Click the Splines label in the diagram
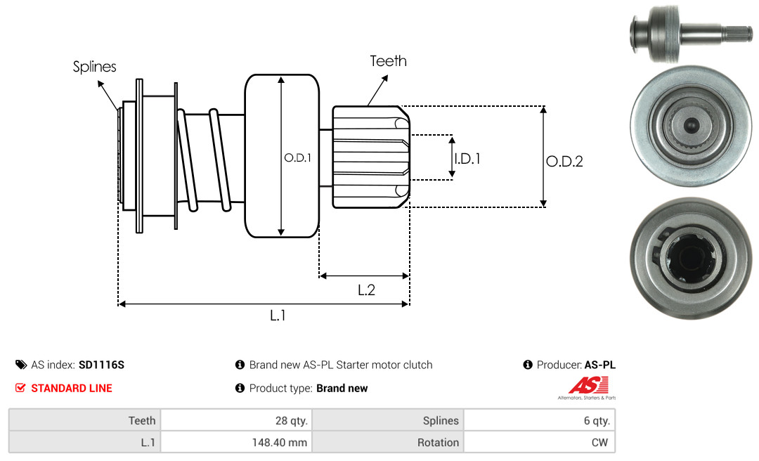coord(94,66)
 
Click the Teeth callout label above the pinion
coord(388,61)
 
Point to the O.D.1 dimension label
coord(298,158)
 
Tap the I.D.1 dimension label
coord(467,159)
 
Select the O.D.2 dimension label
coord(564,161)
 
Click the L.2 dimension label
coord(366,290)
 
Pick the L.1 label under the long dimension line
coord(278,316)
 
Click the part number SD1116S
coord(101,365)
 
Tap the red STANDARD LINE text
coord(72,388)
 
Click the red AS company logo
coord(588,386)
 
